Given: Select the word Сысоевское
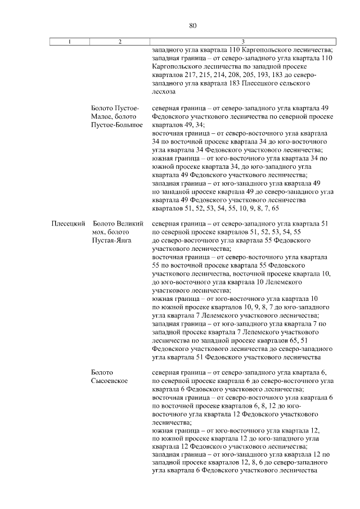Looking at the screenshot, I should click(x=109, y=381).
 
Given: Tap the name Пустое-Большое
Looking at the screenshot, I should click(x=117, y=124).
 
